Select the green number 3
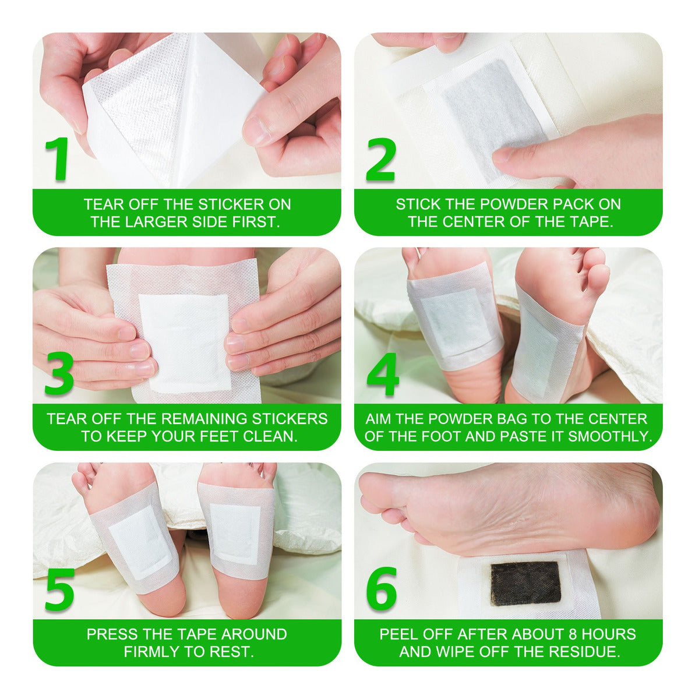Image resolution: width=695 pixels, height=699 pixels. point(59,373)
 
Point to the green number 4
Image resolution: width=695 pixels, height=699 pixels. point(383,373)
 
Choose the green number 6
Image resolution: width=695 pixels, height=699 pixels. point(382,588)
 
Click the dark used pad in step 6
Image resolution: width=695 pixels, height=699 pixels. point(525,584)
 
